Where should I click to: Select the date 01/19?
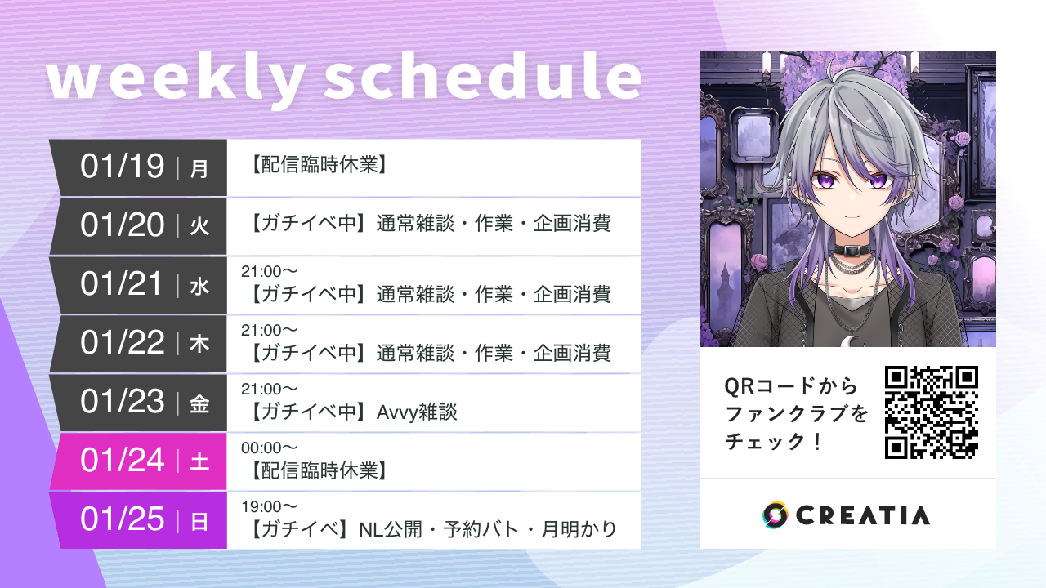[x=123, y=167]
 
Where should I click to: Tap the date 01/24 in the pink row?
[x=123, y=461]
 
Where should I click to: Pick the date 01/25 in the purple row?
[x=123, y=519]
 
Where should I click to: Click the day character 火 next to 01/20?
[x=199, y=226]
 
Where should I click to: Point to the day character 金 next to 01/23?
[x=199, y=403]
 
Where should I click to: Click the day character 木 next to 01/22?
[x=199, y=344]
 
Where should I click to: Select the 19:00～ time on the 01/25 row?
[x=269, y=506]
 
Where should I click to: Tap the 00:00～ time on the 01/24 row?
[x=269, y=448]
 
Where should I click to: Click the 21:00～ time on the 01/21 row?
[x=269, y=271]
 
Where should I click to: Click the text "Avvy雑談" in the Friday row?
[x=417, y=412]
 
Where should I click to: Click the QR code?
[x=932, y=412]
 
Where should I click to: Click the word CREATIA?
[x=862, y=515]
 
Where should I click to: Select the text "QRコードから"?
[x=791, y=385]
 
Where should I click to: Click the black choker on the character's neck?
[x=850, y=249]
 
